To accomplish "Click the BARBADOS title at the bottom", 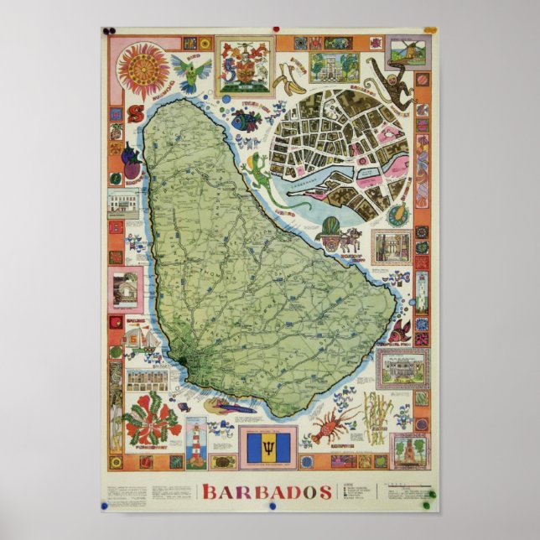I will click(x=266, y=491).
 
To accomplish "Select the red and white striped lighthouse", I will click(x=195, y=442).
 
